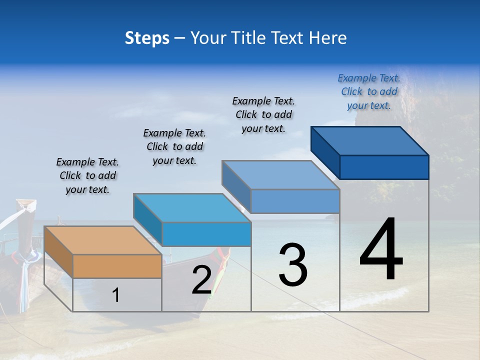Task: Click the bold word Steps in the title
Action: click(147, 38)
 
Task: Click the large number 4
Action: click(381, 250)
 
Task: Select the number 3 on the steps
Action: click(293, 264)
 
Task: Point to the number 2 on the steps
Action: click(202, 280)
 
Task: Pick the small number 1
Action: click(116, 295)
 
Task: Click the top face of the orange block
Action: click(102, 240)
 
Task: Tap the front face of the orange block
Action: click(117, 266)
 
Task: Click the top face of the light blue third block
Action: click(280, 175)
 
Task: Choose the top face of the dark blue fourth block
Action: click(369, 141)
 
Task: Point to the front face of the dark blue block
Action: click(384, 167)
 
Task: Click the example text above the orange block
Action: click(87, 175)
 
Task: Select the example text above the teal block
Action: click(174, 146)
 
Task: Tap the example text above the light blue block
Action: click(263, 114)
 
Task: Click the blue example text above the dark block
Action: click(369, 91)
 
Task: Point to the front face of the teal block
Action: click(206, 234)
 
